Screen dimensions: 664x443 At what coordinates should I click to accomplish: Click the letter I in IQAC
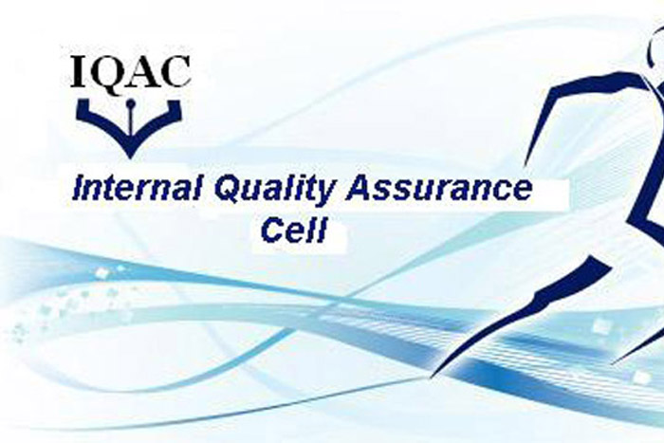pos(78,71)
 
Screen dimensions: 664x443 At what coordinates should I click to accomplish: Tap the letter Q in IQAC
pos(103,72)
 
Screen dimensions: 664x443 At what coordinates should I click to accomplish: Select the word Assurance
pos(438,189)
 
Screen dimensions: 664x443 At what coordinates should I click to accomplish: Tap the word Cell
pos(295,230)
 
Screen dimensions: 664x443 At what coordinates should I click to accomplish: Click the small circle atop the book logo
pos(131,102)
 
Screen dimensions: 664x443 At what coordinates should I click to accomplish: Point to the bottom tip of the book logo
pos(130,157)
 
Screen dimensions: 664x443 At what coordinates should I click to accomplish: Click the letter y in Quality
pos(327,194)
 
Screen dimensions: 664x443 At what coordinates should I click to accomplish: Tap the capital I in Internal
pos(79,189)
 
